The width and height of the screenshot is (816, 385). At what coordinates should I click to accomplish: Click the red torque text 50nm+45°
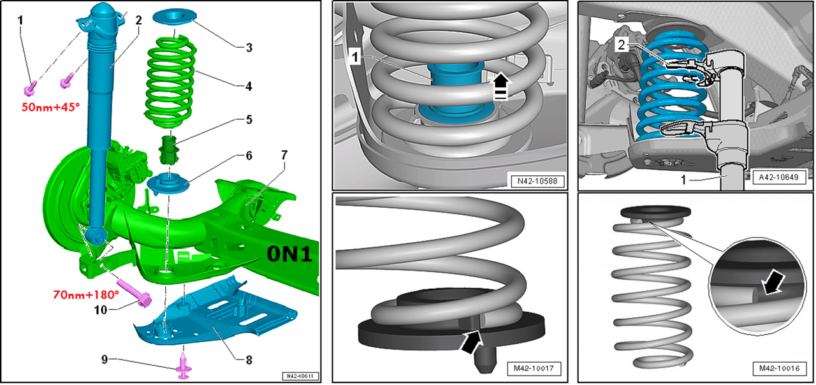coord(50,107)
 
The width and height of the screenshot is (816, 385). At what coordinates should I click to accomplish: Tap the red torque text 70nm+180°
coord(86,294)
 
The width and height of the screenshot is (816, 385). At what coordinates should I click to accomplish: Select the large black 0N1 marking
coord(289,254)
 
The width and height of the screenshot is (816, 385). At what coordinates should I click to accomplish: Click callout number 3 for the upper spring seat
coord(249,48)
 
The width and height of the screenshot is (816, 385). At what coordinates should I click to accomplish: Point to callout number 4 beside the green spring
coord(249,86)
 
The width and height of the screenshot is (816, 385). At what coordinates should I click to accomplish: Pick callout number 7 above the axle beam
coord(284,155)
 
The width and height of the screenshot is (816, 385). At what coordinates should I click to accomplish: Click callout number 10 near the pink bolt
coord(101,310)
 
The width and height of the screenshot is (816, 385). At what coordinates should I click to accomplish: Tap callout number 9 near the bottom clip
coord(105,360)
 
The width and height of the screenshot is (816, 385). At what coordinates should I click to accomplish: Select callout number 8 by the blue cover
coord(249,360)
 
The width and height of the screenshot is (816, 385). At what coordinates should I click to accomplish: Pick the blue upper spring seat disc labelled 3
coord(175,17)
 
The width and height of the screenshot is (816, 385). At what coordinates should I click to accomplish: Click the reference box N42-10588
coord(537,181)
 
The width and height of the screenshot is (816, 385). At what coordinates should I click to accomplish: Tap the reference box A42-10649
coord(778,177)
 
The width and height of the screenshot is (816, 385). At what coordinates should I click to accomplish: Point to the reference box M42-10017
coord(534,368)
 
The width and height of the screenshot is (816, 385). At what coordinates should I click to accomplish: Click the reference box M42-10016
coord(780,368)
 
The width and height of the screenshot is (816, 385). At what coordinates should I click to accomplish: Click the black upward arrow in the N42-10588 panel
coord(501,85)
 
